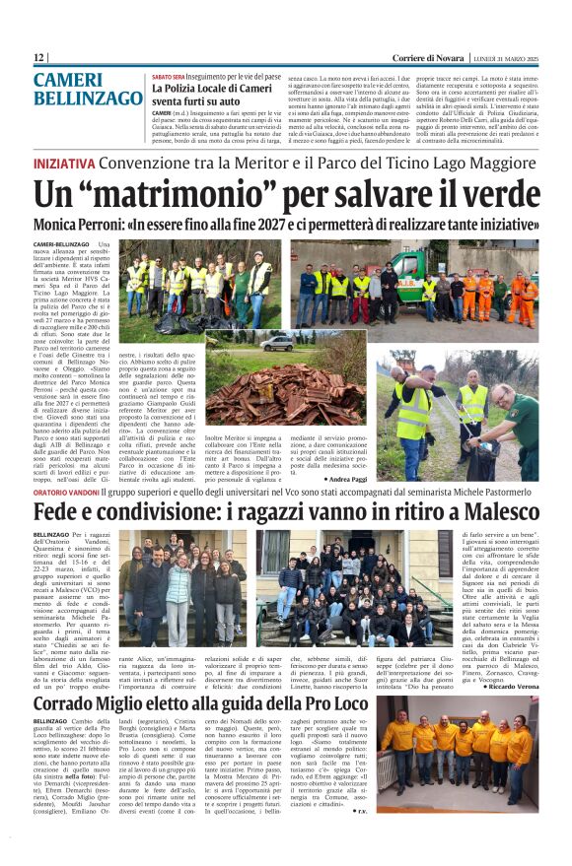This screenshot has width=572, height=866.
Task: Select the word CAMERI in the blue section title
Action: point(68,80)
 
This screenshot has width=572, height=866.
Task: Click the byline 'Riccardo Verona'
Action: point(510,684)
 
